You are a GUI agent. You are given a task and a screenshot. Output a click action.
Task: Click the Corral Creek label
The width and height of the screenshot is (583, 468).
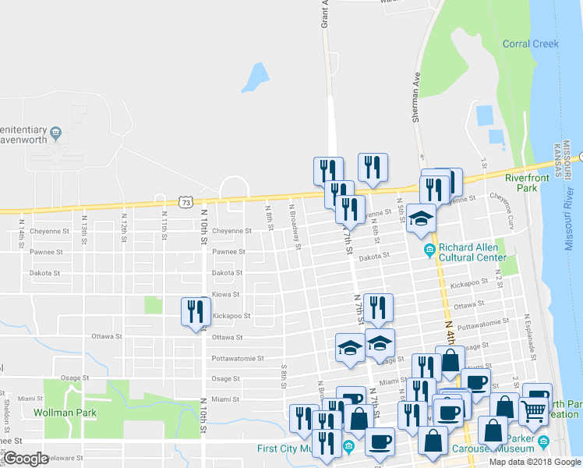pos(530,44)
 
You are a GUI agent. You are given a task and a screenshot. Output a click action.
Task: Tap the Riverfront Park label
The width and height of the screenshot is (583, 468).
pos(527,183)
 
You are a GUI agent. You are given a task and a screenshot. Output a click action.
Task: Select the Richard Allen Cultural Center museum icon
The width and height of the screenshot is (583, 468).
pos(429,250)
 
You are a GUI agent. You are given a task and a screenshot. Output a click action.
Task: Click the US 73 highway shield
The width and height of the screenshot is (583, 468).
pos(185,202)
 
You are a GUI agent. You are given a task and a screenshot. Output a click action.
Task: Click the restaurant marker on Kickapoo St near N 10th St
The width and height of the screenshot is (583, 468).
pos(194,312)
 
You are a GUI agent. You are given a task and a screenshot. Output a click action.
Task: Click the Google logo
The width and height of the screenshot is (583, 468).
pos(25,459)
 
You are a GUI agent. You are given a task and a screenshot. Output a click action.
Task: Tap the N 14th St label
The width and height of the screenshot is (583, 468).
pos(21,222)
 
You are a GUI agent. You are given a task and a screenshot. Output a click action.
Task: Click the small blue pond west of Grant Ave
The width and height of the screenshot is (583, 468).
pos(255,77)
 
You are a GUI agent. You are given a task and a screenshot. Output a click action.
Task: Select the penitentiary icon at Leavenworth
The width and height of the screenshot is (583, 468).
pos(55,134)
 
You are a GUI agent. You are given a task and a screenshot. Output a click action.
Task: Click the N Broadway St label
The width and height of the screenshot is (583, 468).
pos(295,231)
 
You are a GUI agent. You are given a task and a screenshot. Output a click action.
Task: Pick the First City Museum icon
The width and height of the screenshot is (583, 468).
pos(348,447)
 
